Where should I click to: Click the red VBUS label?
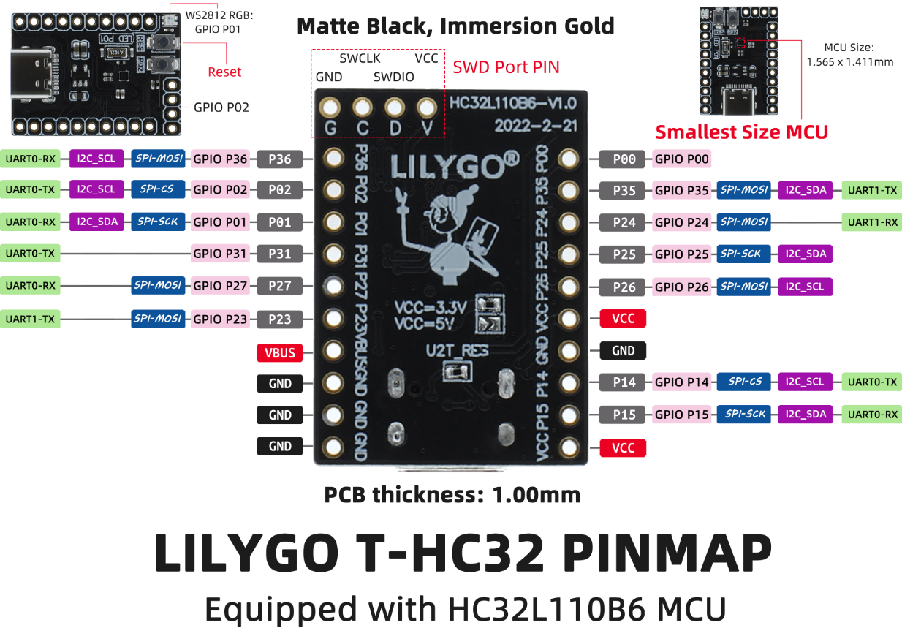280,352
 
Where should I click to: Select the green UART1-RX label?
872,222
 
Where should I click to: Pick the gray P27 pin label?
280,286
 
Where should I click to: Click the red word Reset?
224,72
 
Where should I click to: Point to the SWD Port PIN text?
506,67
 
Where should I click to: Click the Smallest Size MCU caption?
741,132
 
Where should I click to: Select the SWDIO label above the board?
394,77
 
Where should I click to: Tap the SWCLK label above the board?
360,58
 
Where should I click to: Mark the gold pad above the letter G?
330,108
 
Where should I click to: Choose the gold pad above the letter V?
426,108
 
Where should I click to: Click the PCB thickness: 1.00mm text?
452,495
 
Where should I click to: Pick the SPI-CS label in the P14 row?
744,382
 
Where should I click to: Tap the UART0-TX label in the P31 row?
30,254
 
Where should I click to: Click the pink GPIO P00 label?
681,159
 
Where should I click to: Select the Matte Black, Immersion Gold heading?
455,26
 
